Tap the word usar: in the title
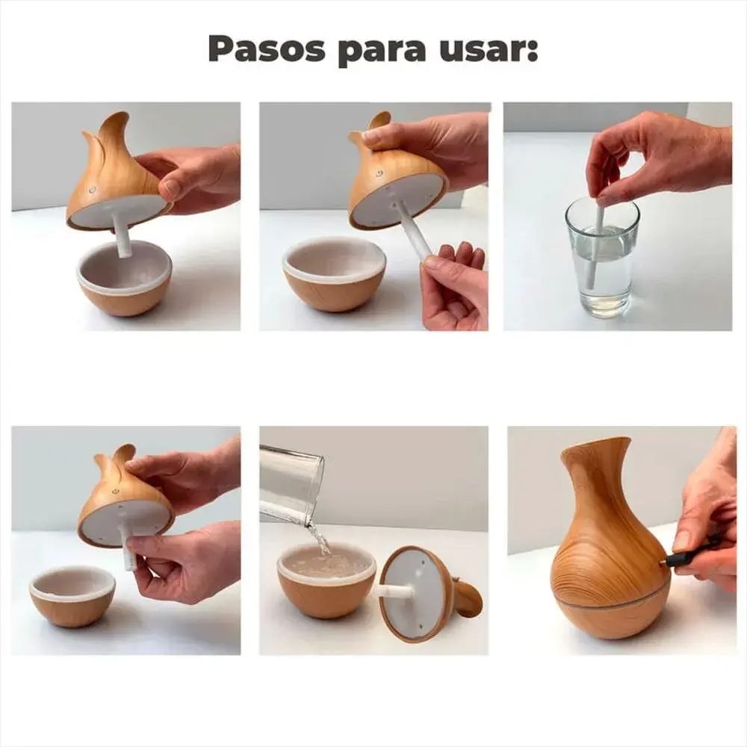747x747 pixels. (493, 49)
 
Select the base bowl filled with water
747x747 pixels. (326, 583)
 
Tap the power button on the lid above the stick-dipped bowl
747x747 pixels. (93, 190)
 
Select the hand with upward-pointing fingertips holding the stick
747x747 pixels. (454, 288)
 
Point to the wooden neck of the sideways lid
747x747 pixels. (468, 598)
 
